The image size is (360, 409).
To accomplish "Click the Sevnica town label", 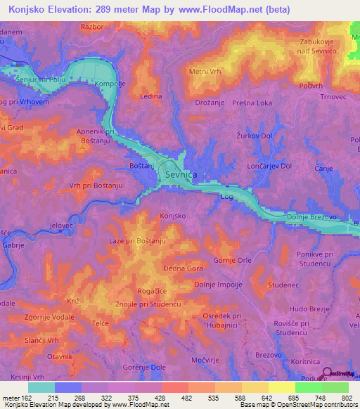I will (180, 174).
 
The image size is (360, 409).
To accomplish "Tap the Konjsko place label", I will (173, 216).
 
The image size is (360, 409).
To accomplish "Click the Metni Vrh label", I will (205, 71).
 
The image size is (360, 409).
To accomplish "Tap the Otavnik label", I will (60, 358).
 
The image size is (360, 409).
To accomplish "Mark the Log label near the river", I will (226, 197).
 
